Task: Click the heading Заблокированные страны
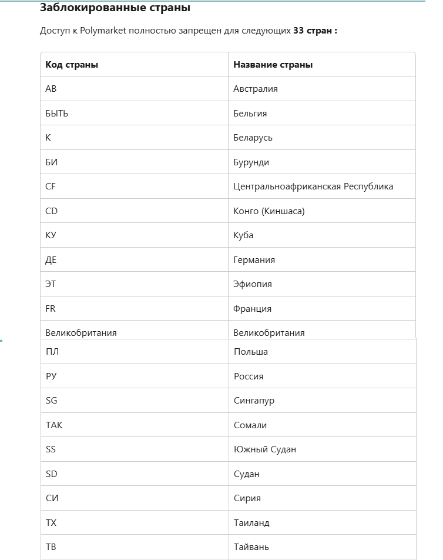coord(115,8)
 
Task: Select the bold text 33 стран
coord(315,31)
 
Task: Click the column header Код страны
coord(72,65)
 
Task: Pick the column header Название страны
coord(273,65)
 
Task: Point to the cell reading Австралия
coord(256,89)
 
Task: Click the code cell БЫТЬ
coord(57,114)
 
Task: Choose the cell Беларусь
coord(253,138)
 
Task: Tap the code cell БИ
coord(51,162)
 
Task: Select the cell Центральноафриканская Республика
coord(313,186)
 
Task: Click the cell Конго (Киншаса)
coord(269,211)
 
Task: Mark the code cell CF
coord(51,186)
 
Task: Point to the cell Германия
coord(254,260)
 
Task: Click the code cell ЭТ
coord(51,284)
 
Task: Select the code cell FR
coord(51,309)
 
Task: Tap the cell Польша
coord(251,352)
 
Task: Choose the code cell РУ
coord(51,376)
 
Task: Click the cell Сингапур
coord(254,401)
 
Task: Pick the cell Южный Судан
coord(265,449)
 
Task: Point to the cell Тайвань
coord(251,547)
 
